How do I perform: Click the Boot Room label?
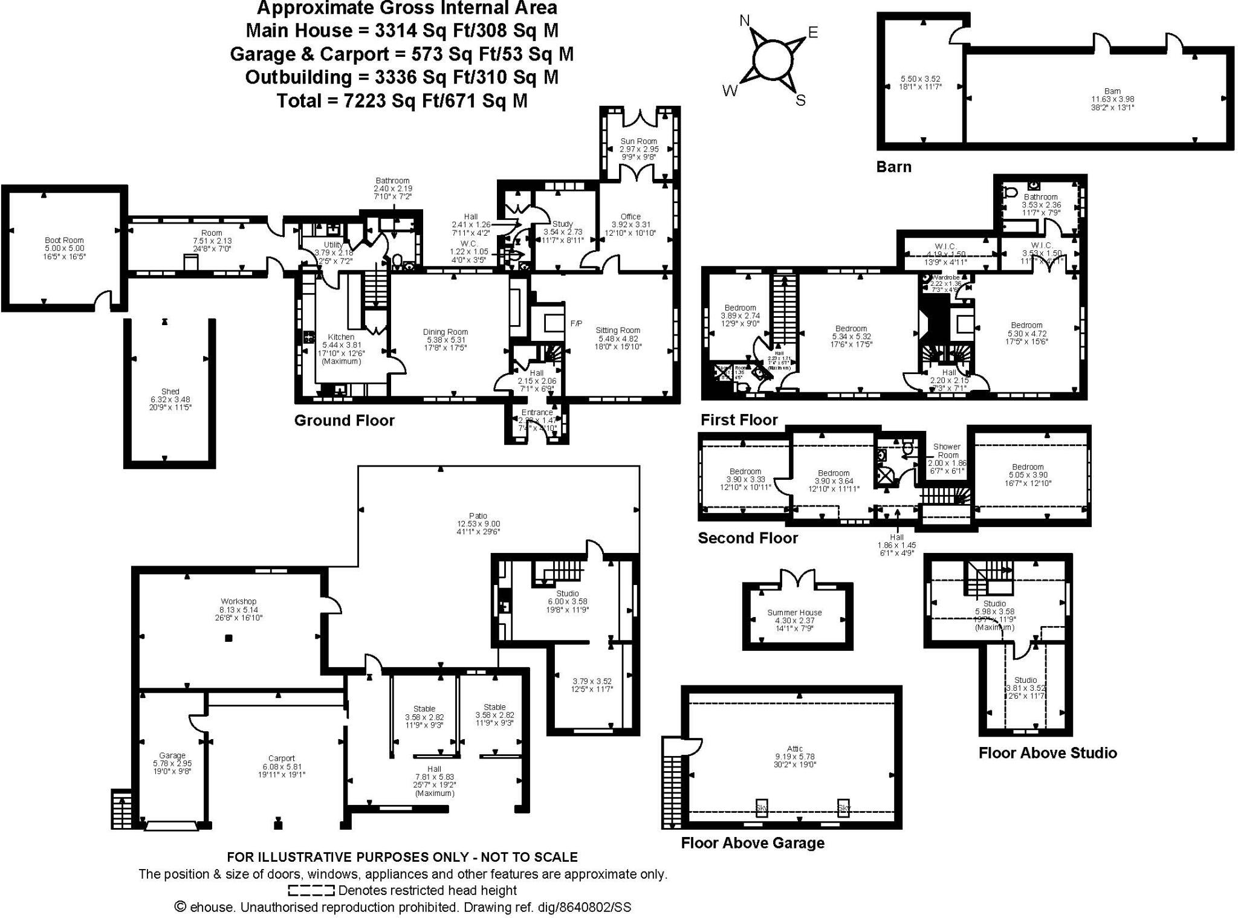point(64,241)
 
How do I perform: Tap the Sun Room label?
point(638,141)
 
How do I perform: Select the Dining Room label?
point(445,332)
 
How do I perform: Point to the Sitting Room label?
point(617,331)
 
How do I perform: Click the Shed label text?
point(170,392)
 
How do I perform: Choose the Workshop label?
point(238,601)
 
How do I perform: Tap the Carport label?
point(281,758)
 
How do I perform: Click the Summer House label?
point(794,612)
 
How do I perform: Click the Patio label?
point(478,516)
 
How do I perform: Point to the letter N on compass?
point(745,21)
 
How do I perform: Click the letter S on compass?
point(800,100)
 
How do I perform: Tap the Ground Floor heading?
point(344,421)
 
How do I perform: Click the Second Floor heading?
point(748,538)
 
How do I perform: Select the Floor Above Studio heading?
point(1047,752)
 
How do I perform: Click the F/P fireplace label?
point(575,324)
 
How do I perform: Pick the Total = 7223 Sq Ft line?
point(402,100)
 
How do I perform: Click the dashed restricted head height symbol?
point(311,890)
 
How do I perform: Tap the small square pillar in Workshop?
point(228,638)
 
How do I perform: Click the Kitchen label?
point(341,337)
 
